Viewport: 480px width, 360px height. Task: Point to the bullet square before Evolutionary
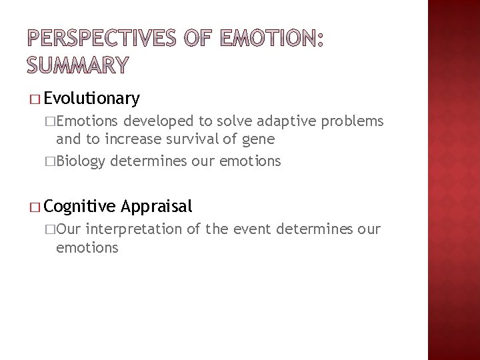tap(34, 100)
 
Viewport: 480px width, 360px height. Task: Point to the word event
tap(250, 229)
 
